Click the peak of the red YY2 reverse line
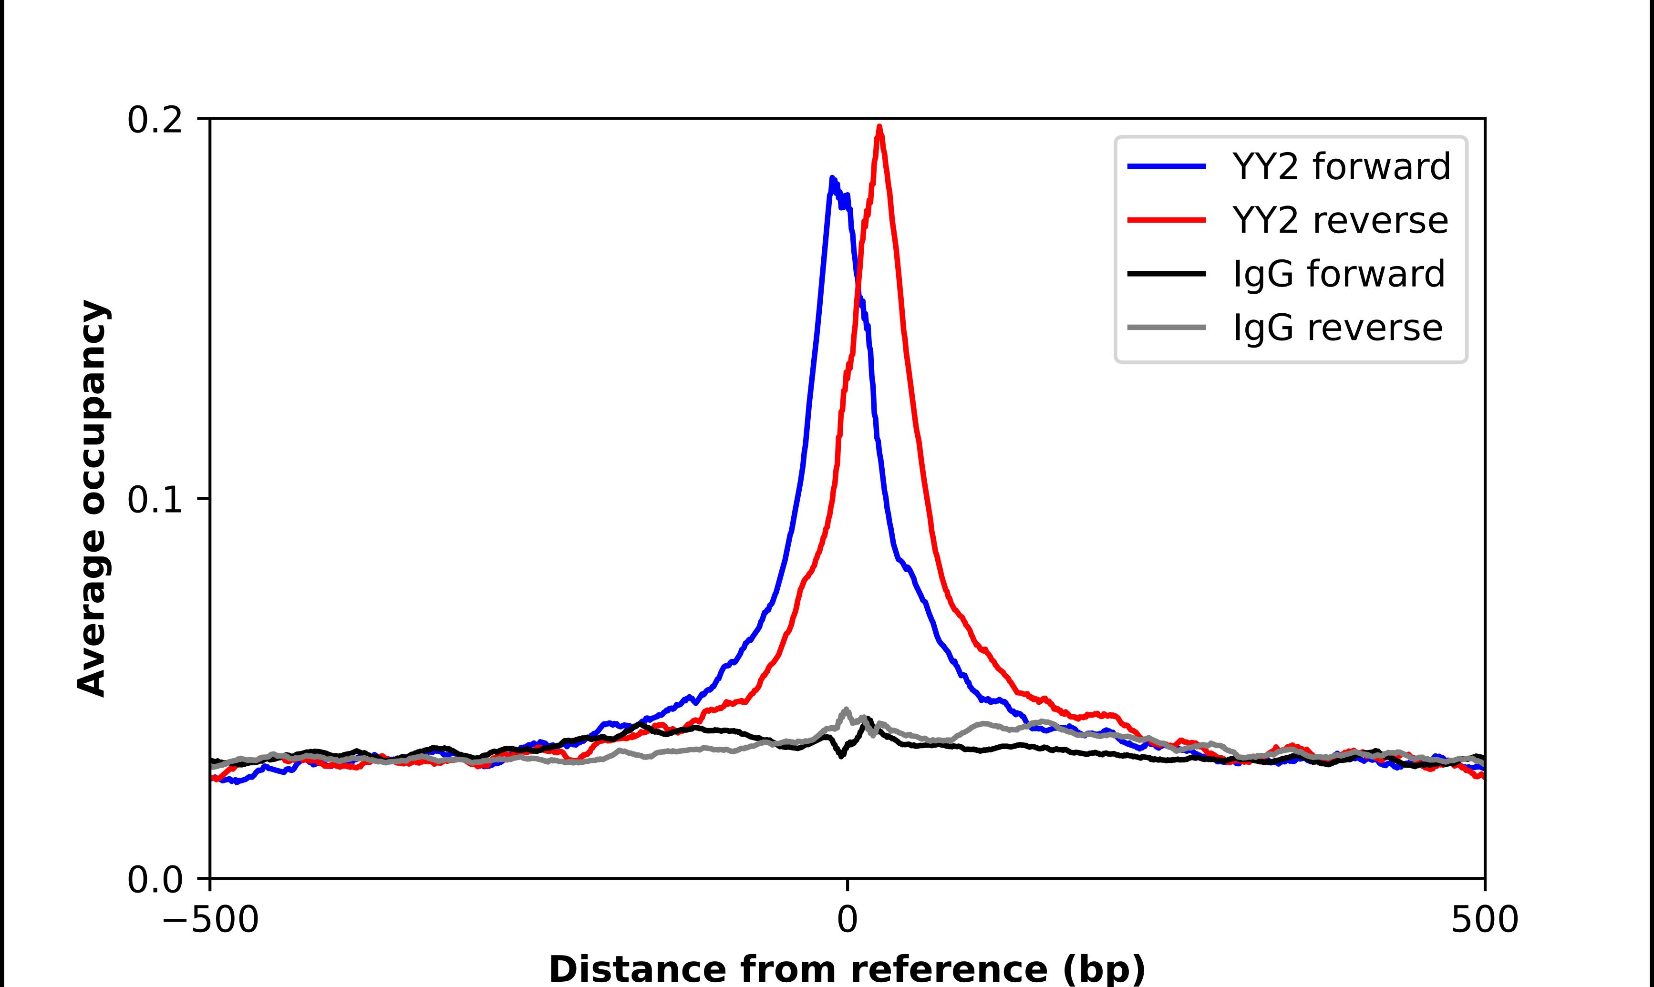tap(879, 127)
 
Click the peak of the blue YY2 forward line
tap(832, 179)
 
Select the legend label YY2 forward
tap(1341, 166)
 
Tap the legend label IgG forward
tap(1338, 274)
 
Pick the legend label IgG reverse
tap(1337, 328)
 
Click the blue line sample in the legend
tap(1167, 166)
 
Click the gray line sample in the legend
tap(1167, 327)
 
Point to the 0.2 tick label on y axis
tap(155, 120)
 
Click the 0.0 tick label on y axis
tap(155, 879)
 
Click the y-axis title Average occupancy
tap(93, 499)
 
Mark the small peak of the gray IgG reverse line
tap(846, 709)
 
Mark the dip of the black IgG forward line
tap(842, 756)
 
